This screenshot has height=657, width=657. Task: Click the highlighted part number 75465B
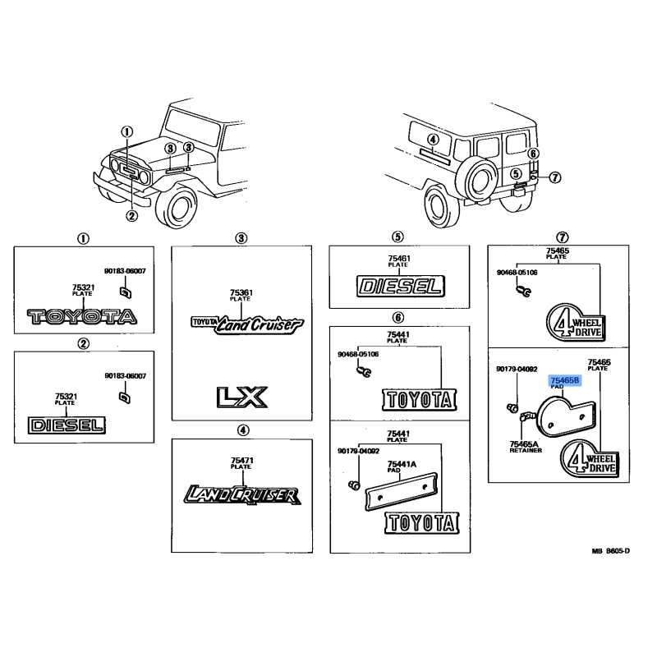click(x=565, y=381)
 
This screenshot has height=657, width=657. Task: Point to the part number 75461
click(x=398, y=259)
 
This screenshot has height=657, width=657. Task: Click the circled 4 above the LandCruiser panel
click(x=241, y=430)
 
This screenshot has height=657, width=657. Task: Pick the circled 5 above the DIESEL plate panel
click(x=398, y=237)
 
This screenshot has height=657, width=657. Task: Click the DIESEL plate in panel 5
click(x=400, y=286)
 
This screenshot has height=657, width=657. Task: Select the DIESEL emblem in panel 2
click(x=67, y=425)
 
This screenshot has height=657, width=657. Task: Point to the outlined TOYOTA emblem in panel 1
click(x=81, y=316)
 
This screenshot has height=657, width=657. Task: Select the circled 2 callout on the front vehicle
click(x=131, y=216)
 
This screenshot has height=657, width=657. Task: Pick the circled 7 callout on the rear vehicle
click(x=554, y=177)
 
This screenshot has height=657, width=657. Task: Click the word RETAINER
click(x=524, y=451)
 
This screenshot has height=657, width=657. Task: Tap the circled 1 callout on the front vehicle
click(x=126, y=131)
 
